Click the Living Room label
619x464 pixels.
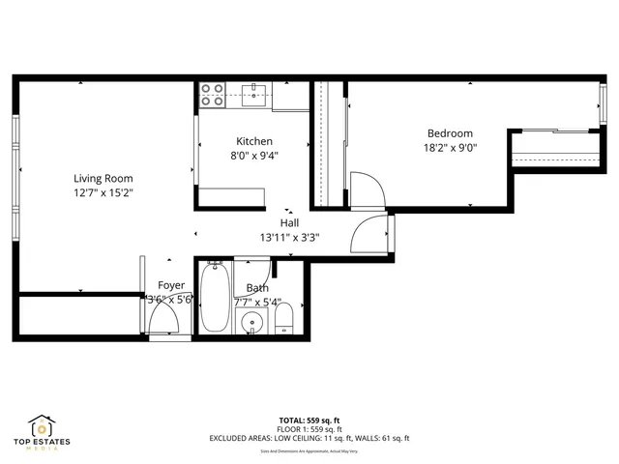click(x=103, y=178)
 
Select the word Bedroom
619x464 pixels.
click(x=450, y=133)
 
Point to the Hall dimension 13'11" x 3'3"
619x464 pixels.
click(x=289, y=237)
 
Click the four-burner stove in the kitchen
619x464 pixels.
click(x=212, y=94)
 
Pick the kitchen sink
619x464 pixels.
click(x=255, y=93)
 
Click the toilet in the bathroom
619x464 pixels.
click(x=284, y=318)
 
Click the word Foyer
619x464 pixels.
click(x=171, y=285)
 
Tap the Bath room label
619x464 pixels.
click(x=257, y=288)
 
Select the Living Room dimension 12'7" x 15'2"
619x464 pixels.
click(x=103, y=192)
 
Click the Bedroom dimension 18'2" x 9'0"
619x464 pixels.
click(x=450, y=147)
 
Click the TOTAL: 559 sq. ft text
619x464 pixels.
click(x=309, y=420)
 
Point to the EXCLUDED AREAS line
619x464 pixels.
click(x=309, y=438)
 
